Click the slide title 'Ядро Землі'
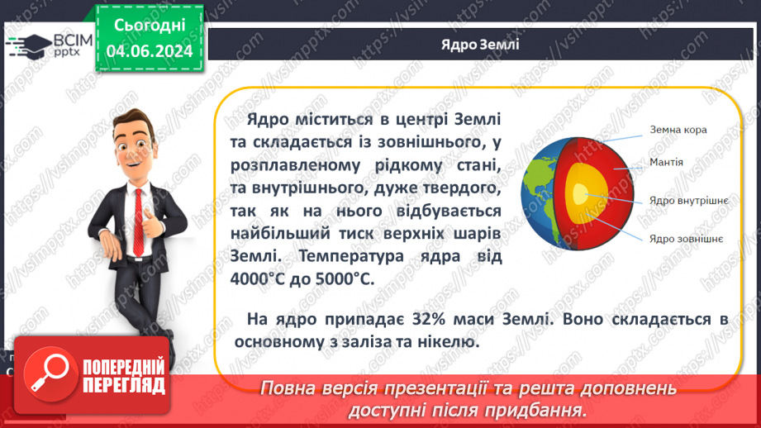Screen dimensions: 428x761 (480, 44)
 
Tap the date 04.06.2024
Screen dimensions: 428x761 (150, 51)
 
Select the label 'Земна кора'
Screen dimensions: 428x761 (678, 130)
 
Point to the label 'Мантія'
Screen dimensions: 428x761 (667, 161)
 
